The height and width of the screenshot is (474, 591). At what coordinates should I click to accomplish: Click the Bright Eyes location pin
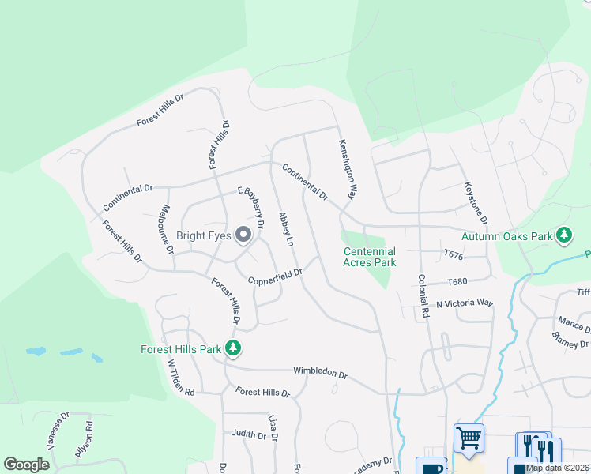coord(243,234)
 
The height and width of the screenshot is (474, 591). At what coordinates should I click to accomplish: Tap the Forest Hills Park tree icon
coord(232,348)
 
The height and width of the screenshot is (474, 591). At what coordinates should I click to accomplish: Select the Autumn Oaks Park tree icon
coord(564,235)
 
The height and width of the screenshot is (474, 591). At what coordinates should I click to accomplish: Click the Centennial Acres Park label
coord(369,257)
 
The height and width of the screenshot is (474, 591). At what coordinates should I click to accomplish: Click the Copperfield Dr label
coord(275,277)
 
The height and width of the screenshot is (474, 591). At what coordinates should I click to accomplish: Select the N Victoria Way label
coord(465,303)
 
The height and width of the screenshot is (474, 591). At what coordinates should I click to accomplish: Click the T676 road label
coord(453,255)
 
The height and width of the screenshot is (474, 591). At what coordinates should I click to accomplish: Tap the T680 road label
coord(457,282)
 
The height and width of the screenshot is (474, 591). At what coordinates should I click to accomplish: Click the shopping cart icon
coord(469,437)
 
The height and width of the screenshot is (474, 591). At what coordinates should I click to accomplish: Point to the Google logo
coord(26,465)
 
